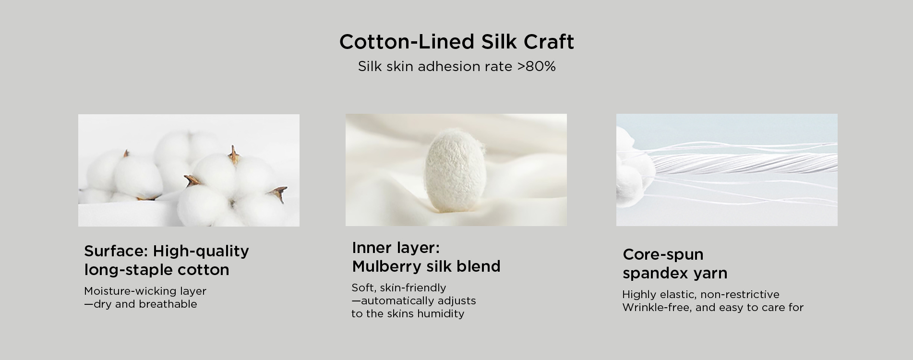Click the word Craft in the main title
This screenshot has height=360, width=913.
pyautogui.click(x=549, y=42)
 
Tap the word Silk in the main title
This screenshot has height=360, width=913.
pyautogui.click(x=499, y=42)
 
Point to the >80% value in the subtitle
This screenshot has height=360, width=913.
pyautogui.click(x=536, y=66)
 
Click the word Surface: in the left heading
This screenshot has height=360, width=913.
pyautogui.click(x=116, y=251)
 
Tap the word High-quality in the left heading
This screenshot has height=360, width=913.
pyautogui.click(x=201, y=252)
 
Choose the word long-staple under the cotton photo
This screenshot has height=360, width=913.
pyautogui.click(x=128, y=270)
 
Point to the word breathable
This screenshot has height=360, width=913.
pyautogui.click(x=168, y=304)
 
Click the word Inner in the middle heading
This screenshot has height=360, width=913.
pyautogui.click(x=372, y=248)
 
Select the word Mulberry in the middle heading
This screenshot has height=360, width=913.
pyautogui.click(x=385, y=266)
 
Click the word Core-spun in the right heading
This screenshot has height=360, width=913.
pyautogui.click(x=663, y=255)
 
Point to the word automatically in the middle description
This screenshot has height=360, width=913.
pyautogui.click(x=391, y=301)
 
